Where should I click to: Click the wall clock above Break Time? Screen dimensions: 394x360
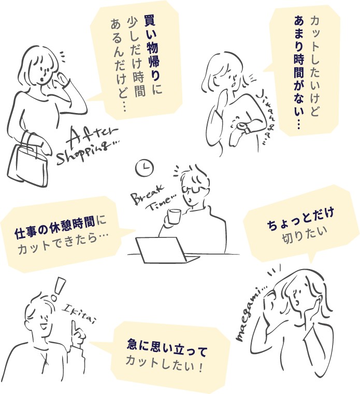point(145,167)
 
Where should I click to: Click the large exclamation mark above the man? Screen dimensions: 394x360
point(60,288)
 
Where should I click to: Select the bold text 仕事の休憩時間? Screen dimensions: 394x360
point(55,231)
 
